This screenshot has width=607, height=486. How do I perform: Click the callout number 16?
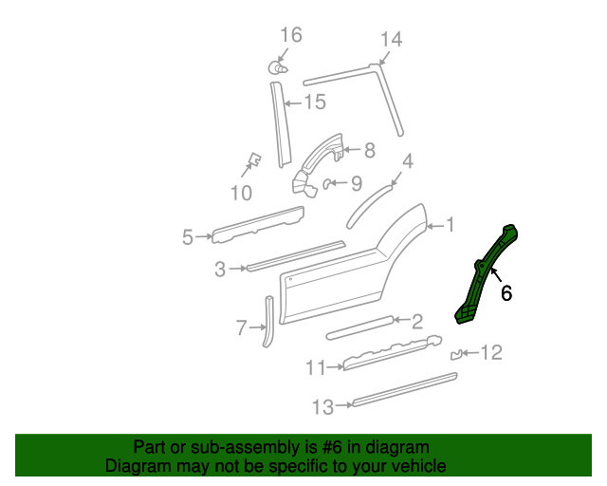click(290, 35)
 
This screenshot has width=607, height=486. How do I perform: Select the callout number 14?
click(391, 39)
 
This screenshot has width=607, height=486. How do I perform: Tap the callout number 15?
click(314, 102)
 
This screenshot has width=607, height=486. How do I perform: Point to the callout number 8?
click(369, 150)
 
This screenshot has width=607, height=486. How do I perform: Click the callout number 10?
click(241, 194)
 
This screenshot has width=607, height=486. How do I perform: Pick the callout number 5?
click(188, 236)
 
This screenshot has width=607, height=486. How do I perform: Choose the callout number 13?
click(322, 407)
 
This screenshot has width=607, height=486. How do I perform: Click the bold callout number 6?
click(506, 294)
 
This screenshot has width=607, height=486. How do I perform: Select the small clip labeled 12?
click(457, 355)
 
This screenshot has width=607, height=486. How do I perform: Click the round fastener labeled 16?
click(276, 67)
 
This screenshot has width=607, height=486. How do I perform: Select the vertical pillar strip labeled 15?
click(279, 123)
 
